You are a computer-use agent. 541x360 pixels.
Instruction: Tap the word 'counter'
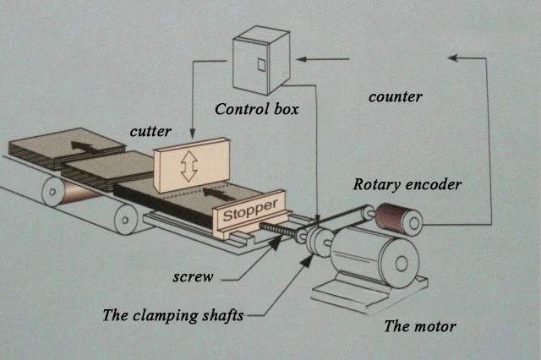[x=395, y=96]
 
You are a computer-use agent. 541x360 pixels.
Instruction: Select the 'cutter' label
[x=151, y=132]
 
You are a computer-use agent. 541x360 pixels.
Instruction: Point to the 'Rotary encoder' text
[x=407, y=183]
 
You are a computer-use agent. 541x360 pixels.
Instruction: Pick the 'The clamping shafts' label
[x=172, y=315]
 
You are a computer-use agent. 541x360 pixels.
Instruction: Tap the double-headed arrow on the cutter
[x=189, y=167]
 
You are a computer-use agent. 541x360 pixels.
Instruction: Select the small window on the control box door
[x=261, y=64]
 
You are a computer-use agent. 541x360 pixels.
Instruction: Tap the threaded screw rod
[x=280, y=229]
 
